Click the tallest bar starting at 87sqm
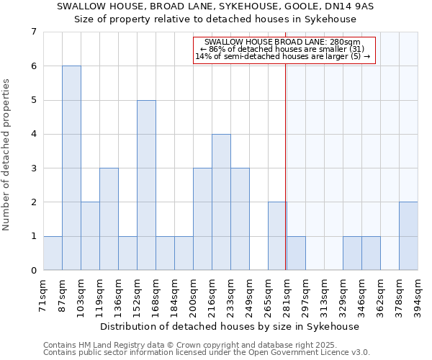point(71,168)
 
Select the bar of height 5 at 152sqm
point(146,185)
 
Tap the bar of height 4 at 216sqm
point(221,202)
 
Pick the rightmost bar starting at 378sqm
point(408,236)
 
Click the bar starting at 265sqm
point(277,236)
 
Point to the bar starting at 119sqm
point(109,219)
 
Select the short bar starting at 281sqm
point(296,253)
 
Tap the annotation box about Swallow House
point(284,49)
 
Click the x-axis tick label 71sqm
point(44,295)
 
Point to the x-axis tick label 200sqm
point(194,295)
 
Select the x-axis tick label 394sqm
point(418,295)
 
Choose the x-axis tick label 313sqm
point(325,295)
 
